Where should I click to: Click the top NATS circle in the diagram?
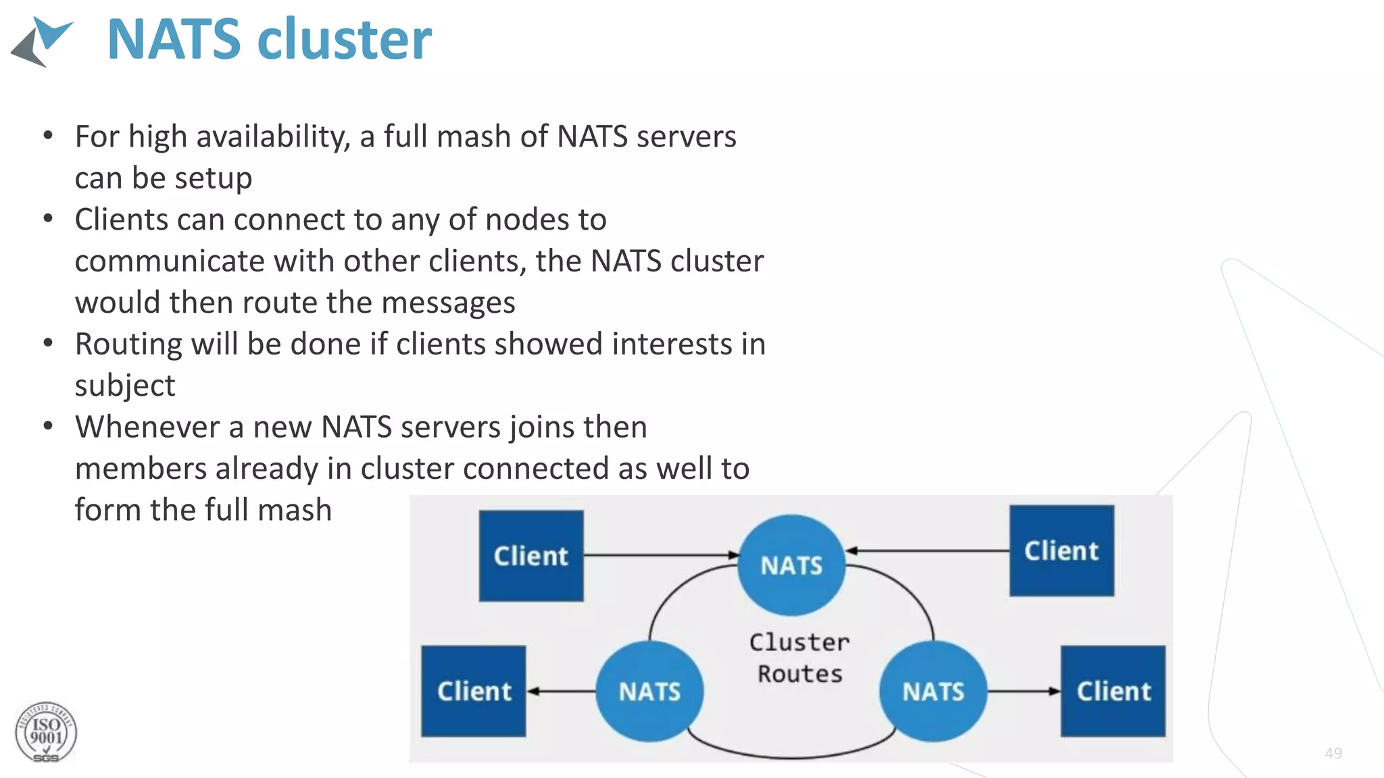pyautogui.click(x=791, y=565)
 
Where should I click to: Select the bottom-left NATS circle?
pyautogui.click(x=649, y=691)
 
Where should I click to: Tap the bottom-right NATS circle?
pyautogui.click(x=933, y=691)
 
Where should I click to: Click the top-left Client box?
pyautogui.click(x=531, y=556)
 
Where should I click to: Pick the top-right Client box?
pyautogui.click(x=1062, y=550)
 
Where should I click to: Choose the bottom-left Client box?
pyautogui.click(x=474, y=691)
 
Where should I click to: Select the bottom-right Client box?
pyautogui.click(x=1113, y=691)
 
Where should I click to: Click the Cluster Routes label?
pyautogui.click(x=799, y=658)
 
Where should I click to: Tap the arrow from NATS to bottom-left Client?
pyautogui.click(x=561, y=691)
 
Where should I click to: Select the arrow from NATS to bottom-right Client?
pyautogui.click(x=1023, y=691)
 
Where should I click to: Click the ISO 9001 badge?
pyautogui.click(x=46, y=733)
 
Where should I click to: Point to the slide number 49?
pyautogui.click(x=1333, y=753)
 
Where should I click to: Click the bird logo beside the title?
pyautogui.click(x=42, y=41)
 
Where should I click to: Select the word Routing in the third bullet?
pyautogui.click(x=128, y=344)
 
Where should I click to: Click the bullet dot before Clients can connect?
pyautogui.click(x=48, y=219)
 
